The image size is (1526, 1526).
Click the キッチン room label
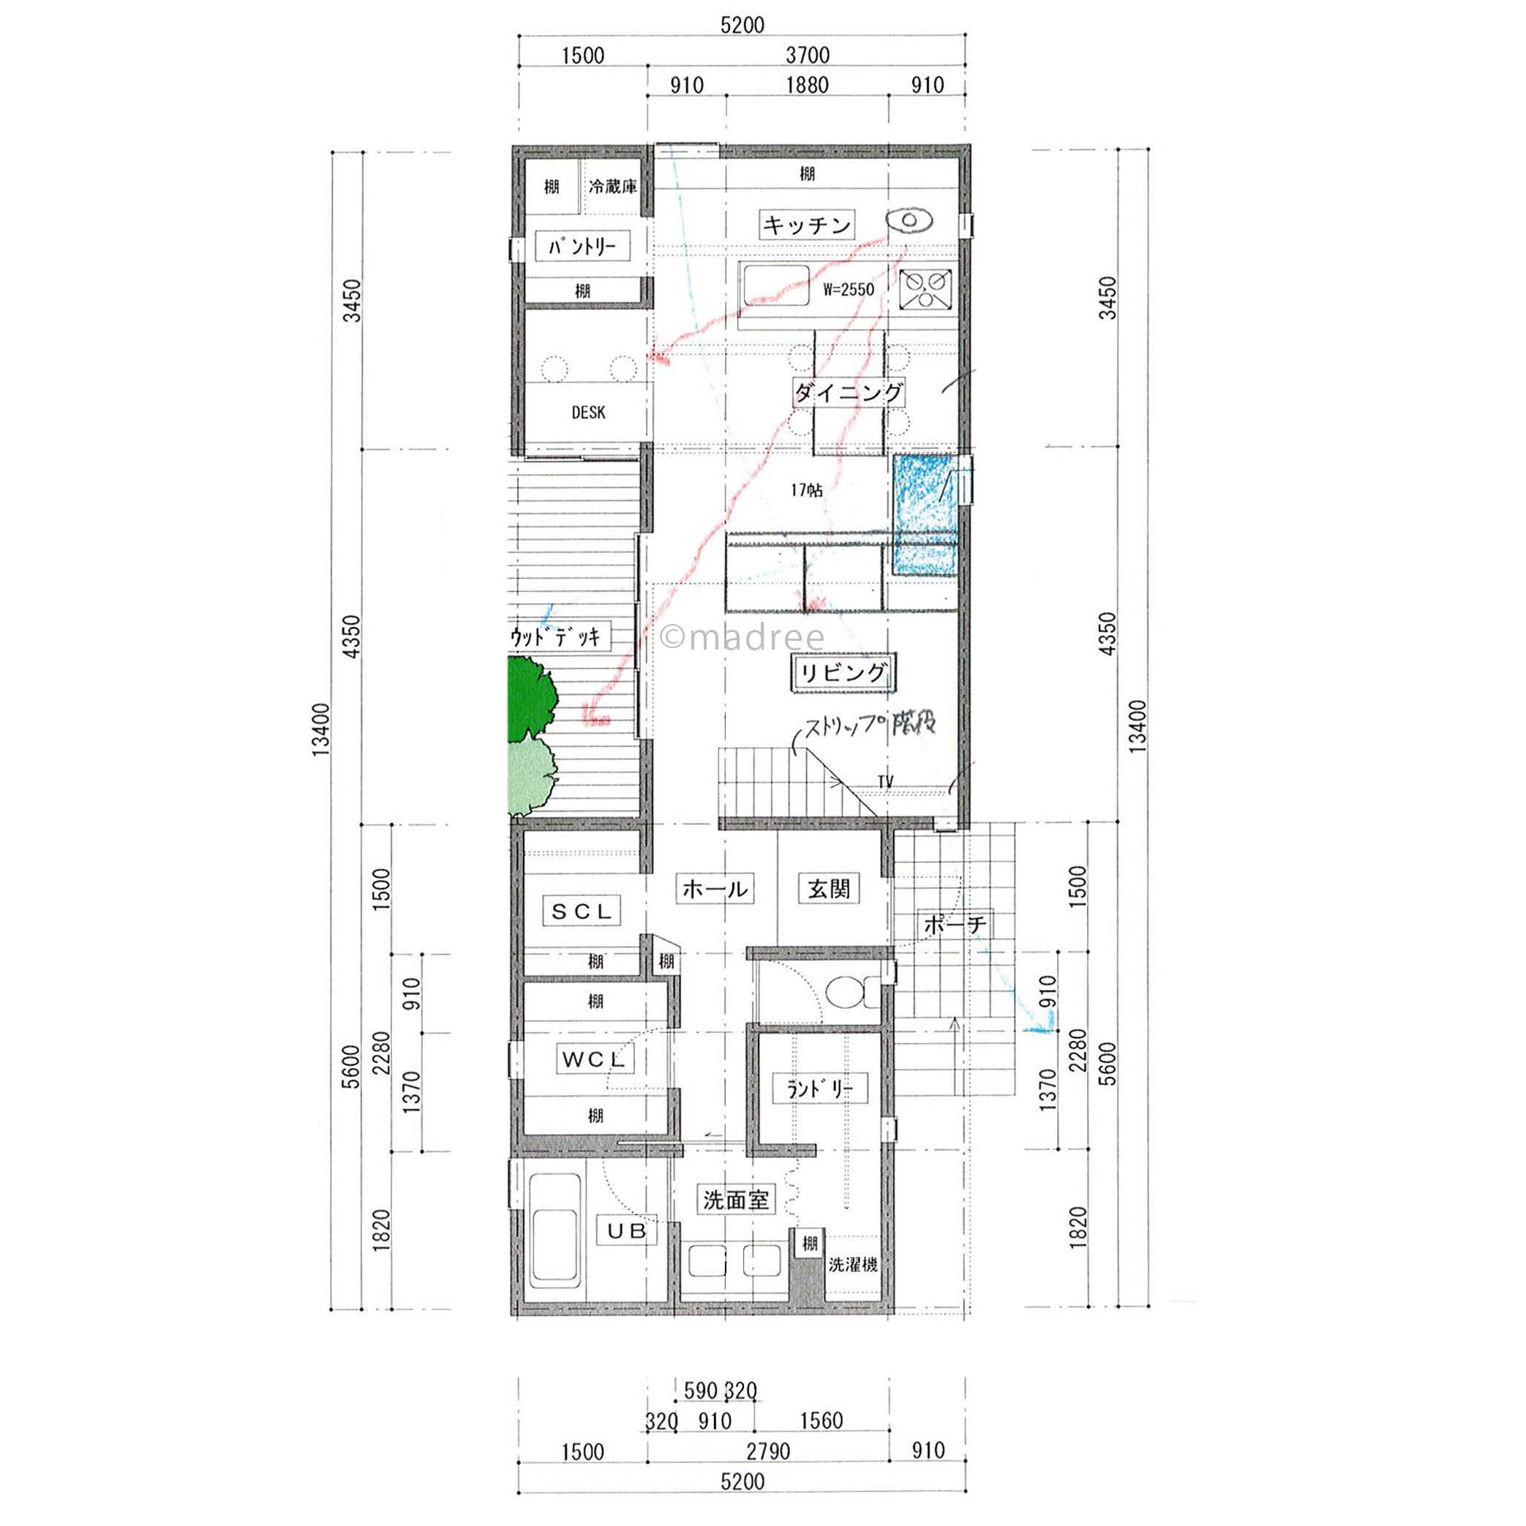(805, 225)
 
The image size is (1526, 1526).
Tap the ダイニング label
(849, 393)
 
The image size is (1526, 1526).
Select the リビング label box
(843, 673)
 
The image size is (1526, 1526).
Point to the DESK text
(588, 413)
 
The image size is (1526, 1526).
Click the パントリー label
(583, 247)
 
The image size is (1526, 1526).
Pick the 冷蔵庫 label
(613, 187)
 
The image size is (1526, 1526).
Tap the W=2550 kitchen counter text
(849, 289)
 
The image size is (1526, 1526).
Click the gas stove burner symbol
(925, 290)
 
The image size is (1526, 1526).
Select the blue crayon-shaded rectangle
(925, 514)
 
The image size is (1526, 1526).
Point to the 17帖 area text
(806, 490)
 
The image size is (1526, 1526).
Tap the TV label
(885, 781)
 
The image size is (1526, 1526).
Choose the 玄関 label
(829, 889)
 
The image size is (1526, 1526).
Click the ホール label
(715, 889)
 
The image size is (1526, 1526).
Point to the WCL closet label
(594, 1059)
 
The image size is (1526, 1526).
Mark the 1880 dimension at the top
(806, 85)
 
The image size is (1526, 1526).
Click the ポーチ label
(955, 924)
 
